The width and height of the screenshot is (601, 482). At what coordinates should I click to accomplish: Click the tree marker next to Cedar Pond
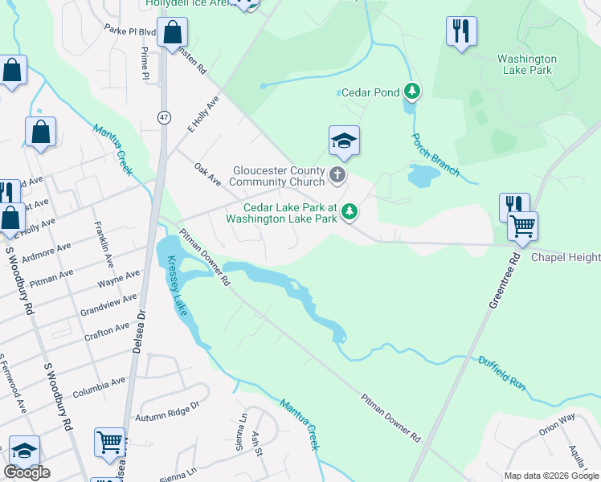pos(412,92)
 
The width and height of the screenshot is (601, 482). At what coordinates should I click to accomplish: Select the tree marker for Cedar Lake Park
pos(349,212)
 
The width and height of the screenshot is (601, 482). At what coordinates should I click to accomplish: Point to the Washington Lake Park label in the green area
pos(526,64)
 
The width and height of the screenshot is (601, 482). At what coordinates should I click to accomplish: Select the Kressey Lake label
pos(178,286)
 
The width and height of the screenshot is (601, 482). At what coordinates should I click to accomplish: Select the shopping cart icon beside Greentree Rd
pos(522,226)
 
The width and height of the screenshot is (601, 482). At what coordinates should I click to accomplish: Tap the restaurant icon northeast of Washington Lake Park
pos(460,31)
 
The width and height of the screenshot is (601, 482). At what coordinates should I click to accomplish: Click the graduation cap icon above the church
pos(344,141)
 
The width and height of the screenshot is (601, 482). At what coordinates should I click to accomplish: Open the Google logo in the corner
pos(27,472)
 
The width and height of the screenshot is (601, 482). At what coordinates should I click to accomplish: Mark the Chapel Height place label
pos(566,257)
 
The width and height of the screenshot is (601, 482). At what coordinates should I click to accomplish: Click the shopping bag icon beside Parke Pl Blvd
pos(173,33)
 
